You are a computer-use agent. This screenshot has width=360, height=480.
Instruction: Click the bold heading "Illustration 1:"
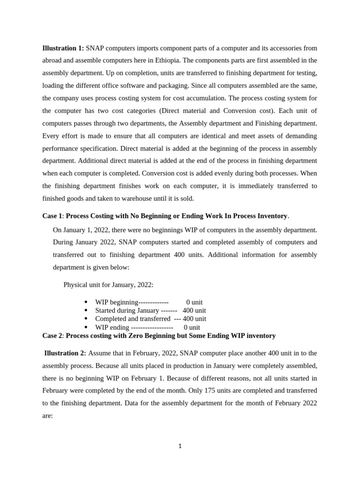[x=63, y=48]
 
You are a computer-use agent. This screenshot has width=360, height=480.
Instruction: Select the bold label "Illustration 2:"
[x=65, y=353]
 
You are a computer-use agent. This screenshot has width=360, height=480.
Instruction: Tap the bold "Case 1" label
[x=52, y=216]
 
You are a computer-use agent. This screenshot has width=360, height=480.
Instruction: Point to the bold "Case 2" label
[x=52, y=336]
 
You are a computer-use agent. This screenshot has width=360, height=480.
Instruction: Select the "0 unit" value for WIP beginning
[x=194, y=302]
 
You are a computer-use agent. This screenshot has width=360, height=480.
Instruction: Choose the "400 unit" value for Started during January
[x=194, y=310]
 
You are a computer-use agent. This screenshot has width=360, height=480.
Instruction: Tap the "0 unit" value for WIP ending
[x=192, y=327]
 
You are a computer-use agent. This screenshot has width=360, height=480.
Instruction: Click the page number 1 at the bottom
[x=180, y=446]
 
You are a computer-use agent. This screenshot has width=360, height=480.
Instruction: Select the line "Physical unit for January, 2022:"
[x=108, y=285]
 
